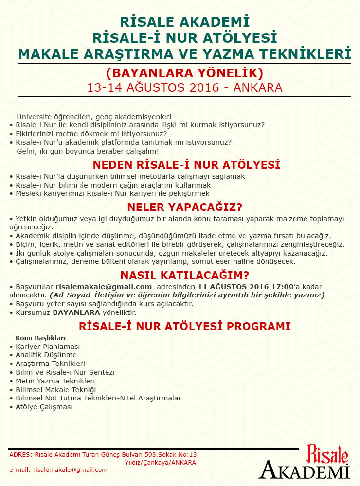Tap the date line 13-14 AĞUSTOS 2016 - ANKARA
(184, 88)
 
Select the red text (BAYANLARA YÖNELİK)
(184, 73)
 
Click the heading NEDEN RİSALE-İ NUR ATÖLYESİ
(186, 164)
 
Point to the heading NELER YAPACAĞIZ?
(184, 207)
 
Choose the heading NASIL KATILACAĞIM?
(184, 275)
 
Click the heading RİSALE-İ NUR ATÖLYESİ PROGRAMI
(184, 326)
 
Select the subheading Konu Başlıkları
(41, 337)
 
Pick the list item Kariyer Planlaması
(48, 347)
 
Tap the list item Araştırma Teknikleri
(51, 364)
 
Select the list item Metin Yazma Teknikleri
(55, 381)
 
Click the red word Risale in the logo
(327, 453)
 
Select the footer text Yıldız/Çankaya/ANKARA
(161, 462)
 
